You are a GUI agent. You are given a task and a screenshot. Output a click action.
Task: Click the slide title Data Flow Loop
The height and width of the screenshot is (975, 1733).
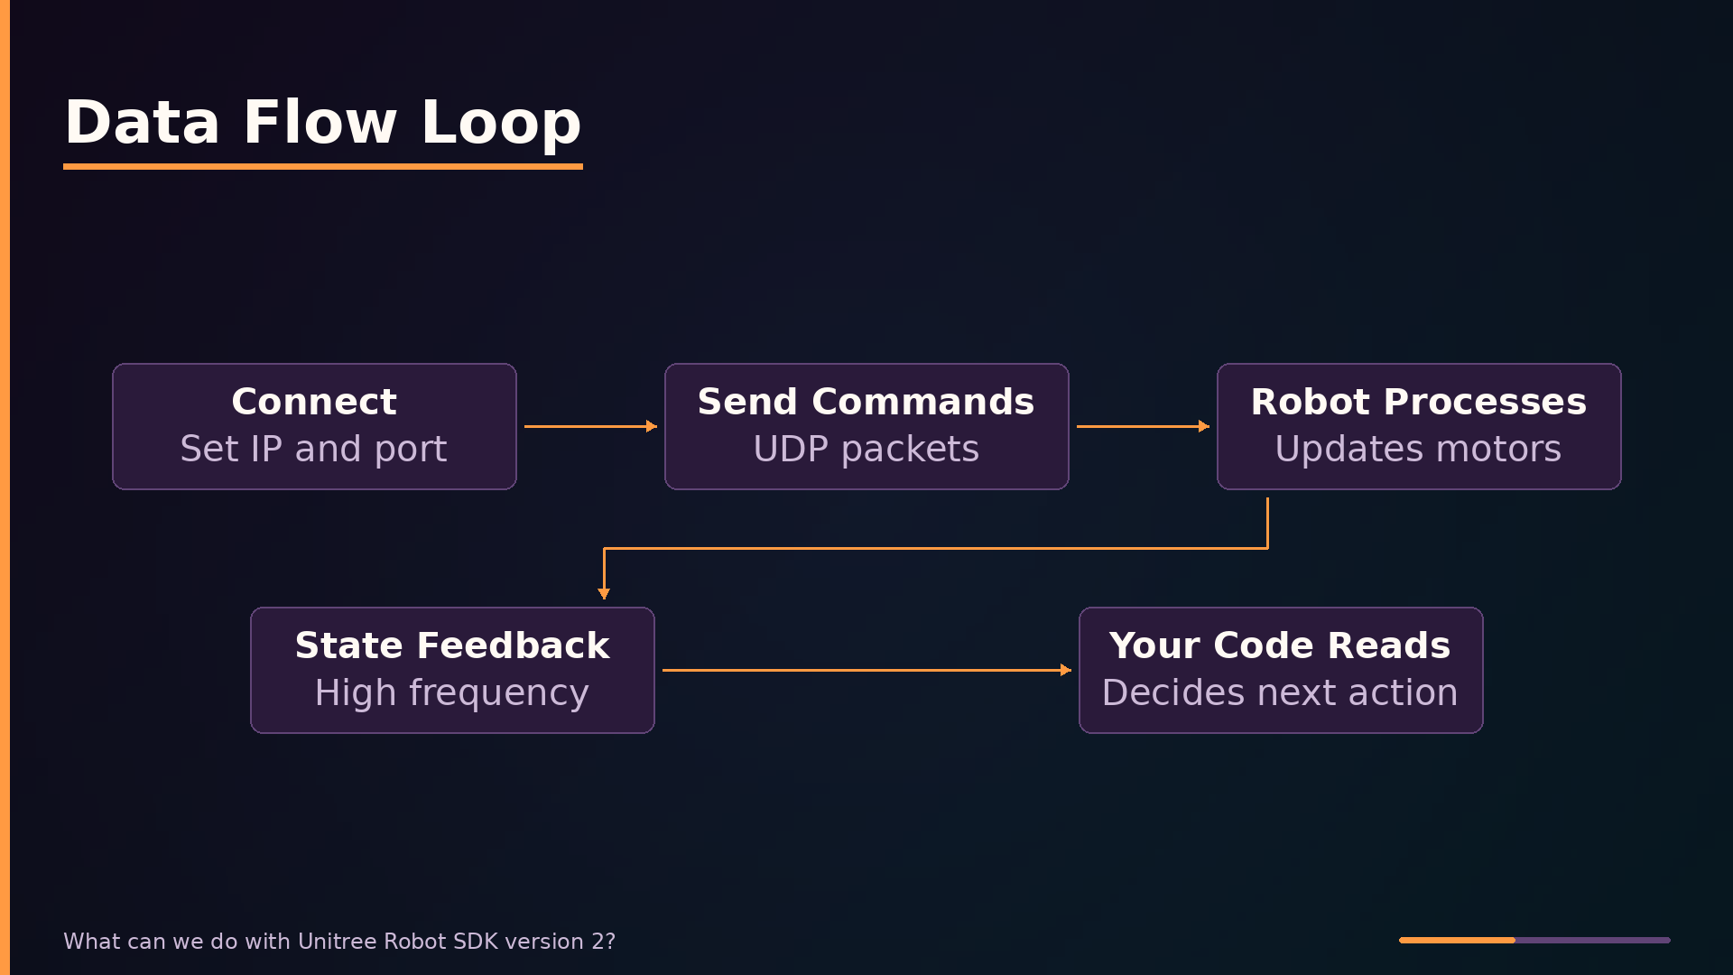323,122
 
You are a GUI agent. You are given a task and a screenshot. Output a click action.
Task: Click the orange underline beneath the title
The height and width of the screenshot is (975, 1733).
323,166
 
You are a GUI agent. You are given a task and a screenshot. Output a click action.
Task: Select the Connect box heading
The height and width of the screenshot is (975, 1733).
314,402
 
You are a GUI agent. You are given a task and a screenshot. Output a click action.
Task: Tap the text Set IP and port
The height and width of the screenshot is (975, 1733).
314,449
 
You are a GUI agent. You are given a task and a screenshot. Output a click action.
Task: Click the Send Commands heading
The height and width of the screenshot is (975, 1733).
866,402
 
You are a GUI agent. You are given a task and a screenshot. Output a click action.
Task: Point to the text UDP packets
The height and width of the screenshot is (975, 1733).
866,449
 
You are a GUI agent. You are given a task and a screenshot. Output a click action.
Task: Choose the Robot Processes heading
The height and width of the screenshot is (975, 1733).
1419,402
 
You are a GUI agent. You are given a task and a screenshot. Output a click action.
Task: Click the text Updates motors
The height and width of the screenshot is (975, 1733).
1419,449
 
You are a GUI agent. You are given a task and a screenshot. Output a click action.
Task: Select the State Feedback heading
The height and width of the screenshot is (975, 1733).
452,645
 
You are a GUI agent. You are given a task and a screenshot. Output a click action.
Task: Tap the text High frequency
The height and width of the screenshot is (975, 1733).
452,692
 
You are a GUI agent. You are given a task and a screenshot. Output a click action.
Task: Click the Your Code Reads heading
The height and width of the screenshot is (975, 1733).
1281,645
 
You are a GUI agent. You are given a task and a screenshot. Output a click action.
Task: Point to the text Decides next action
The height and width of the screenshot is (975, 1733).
1281,692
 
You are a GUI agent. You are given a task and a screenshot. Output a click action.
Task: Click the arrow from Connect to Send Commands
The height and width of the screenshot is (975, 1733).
590,426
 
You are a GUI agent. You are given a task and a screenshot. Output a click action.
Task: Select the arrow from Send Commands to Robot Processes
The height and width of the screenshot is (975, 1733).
1143,426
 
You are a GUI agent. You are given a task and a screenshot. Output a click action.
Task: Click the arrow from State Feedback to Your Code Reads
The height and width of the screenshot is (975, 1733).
866,670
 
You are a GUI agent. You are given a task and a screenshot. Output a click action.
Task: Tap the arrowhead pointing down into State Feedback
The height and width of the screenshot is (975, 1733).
604,593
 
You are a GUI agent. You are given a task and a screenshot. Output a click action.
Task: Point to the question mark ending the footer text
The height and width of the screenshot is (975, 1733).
611,942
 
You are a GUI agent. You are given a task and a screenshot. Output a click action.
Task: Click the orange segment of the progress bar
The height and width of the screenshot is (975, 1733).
1457,940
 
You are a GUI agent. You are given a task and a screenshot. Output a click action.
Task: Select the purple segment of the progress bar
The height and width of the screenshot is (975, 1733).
1593,940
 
